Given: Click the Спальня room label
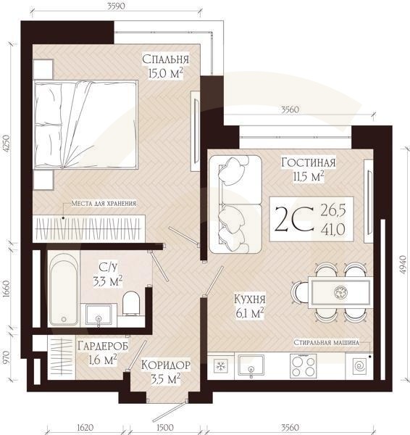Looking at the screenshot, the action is point(165,59).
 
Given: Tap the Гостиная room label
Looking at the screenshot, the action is point(309,162).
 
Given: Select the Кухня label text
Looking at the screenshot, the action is point(250,299).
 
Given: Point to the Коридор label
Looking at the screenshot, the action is point(166,365).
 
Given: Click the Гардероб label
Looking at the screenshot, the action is point(103,346).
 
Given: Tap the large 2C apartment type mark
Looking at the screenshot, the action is point(294,219).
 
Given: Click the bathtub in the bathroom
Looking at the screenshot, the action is point(64,289).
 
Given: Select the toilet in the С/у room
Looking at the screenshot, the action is point(131,303).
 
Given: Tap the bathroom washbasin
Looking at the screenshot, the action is point(99,315).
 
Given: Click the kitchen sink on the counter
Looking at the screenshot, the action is point(251,365).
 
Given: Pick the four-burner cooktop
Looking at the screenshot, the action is point(303,366).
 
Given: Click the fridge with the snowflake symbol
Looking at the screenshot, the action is point(221,365).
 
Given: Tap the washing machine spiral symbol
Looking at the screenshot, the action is point(360,366).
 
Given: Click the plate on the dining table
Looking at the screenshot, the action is point(340,292).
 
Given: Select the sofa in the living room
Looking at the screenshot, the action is point(235,204).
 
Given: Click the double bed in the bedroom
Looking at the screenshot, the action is point(85,125).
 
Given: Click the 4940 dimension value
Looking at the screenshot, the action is point(403,265).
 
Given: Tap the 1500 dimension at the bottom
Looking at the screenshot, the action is point(165,427).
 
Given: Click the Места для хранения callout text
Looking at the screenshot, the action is point(104,203).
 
